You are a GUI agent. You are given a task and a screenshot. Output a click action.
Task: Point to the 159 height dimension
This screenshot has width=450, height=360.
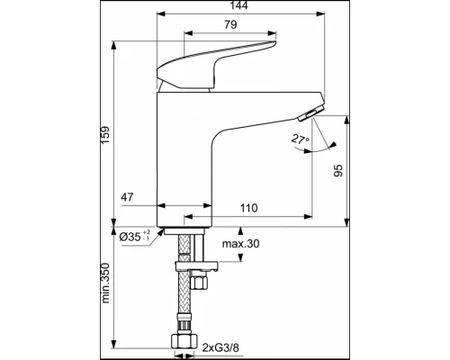(x=105, y=134)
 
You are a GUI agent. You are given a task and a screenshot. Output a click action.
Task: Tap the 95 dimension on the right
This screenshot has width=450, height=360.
(x=337, y=170)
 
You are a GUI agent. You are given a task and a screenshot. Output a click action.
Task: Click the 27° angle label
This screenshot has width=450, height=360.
(x=299, y=139)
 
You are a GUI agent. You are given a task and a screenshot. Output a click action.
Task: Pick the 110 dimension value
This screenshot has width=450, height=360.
(x=249, y=208)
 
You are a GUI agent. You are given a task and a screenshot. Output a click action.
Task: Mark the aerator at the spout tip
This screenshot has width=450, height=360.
(x=308, y=112)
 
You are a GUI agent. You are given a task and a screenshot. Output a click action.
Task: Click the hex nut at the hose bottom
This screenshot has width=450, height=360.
(x=184, y=342)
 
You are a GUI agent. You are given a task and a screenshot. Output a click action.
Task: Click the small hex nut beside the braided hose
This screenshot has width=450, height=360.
(x=203, y=283)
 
